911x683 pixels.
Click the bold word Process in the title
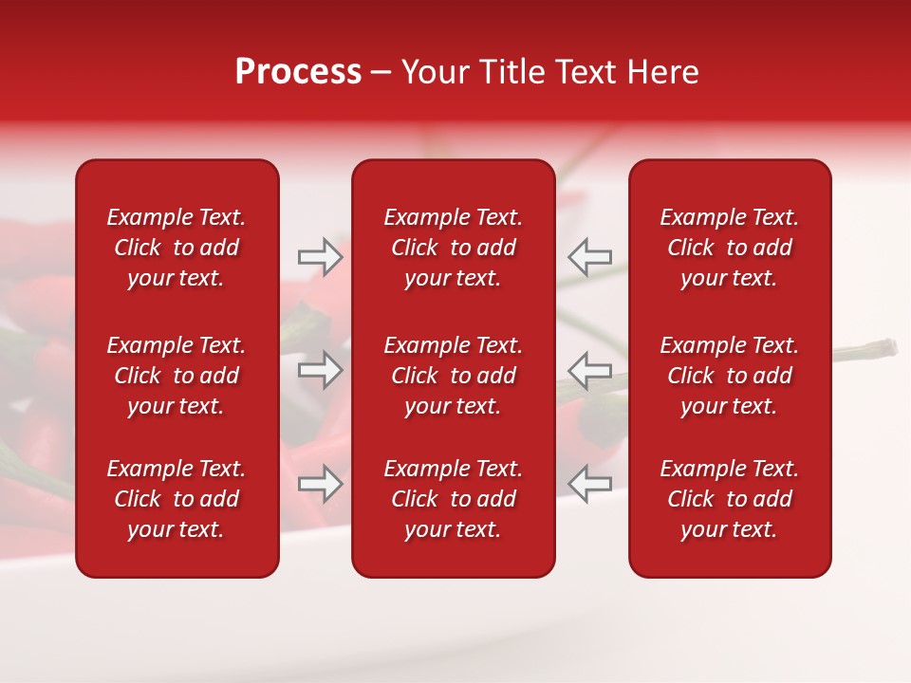coord(298,72)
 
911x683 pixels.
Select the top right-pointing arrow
coord(321,257)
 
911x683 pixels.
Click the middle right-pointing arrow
coord(321,369)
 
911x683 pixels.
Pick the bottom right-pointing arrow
coord(321,484)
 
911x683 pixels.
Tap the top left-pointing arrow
coord(590,257)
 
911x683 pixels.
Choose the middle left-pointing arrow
coord(590,369)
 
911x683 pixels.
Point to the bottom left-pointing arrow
coord(590,484)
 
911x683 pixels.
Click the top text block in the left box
coord(177,248)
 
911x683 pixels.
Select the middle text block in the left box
coord(177,376)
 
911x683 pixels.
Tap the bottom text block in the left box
coord(177,499)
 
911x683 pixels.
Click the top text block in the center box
coord(454,248)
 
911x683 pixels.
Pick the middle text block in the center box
coord(454,376)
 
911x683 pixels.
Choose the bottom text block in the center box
coord(454,499)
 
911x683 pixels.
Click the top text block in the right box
coord(730,248)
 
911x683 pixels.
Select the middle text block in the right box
coord(730,376)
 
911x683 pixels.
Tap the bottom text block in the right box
coord(730,499)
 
